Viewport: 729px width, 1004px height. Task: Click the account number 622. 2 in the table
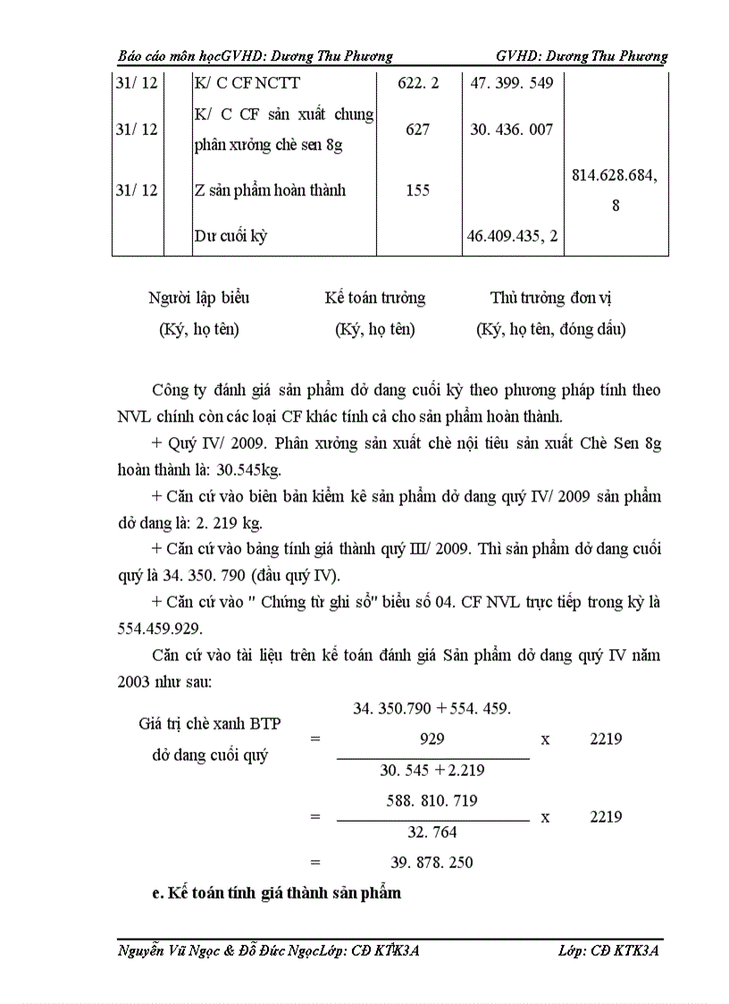(x=417, y=83)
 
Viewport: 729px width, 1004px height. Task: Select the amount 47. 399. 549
(x=512, y=83)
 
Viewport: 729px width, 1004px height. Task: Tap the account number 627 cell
(x=417, y=130)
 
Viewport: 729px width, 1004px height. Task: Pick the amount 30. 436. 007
(x=512, y=130)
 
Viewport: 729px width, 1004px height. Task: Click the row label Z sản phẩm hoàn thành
(x=270, y=190)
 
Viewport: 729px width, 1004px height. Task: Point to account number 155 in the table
(x=417, y=190)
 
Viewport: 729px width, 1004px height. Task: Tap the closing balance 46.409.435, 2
(x=512, y=237)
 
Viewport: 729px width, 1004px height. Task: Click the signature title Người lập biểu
(x=199, y=299)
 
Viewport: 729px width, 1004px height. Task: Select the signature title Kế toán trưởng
(x=374, y=299)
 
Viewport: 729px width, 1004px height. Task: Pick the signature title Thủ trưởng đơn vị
(x=550, y=299)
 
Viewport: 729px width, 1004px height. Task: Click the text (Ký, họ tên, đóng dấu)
(x=550, y=330)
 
